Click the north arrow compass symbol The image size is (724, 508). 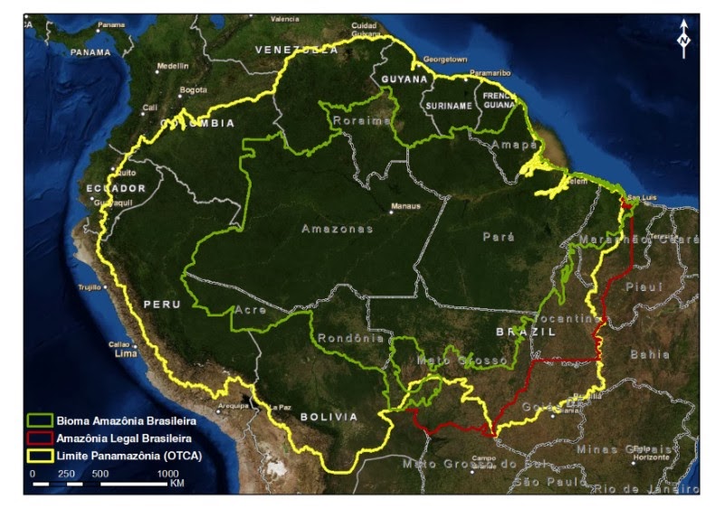click(x=684, y=37)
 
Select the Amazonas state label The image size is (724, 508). click(x=338, y=230)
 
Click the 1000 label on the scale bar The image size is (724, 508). click(x=168, y=473)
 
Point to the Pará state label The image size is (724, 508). click(x=499, y=237)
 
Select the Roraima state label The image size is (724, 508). click(x=361, y=120)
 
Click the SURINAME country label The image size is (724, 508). click(x=447, y=106)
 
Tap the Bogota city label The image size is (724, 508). click(x=193, y=89)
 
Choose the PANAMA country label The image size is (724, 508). click(x=90, y=52)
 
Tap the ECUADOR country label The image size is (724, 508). click(x=115, y=188)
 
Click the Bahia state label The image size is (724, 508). click(x=650, y=354)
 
